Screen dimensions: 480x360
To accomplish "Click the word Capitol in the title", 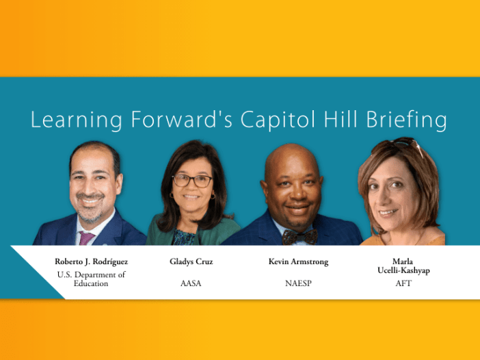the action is tap(278, 120).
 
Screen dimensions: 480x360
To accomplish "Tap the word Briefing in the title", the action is tap(407, 120).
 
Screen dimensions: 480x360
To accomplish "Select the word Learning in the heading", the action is tap(77, 120).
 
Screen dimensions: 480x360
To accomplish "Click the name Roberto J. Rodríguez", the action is tap(91, 261).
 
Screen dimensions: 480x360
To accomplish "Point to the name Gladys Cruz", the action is tap(191, 261).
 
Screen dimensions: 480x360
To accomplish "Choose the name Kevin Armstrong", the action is tap(299, 261).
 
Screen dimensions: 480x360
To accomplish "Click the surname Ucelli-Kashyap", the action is tap(403, 270).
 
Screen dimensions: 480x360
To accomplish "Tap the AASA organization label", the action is tap(191, 283).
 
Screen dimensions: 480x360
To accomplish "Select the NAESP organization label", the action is tap(299, 283).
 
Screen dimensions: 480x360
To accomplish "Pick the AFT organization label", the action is tap(403, 283).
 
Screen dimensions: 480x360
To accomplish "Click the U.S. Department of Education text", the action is tap(91, 279).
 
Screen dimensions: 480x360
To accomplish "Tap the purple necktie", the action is tap(85, 238).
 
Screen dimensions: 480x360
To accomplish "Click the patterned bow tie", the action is tap(300, 237).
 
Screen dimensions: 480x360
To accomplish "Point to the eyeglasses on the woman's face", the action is tap(193, 181).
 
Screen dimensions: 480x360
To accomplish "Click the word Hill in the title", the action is tap(341, 119).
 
